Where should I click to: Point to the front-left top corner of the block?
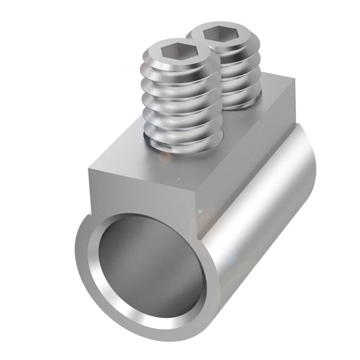90,168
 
